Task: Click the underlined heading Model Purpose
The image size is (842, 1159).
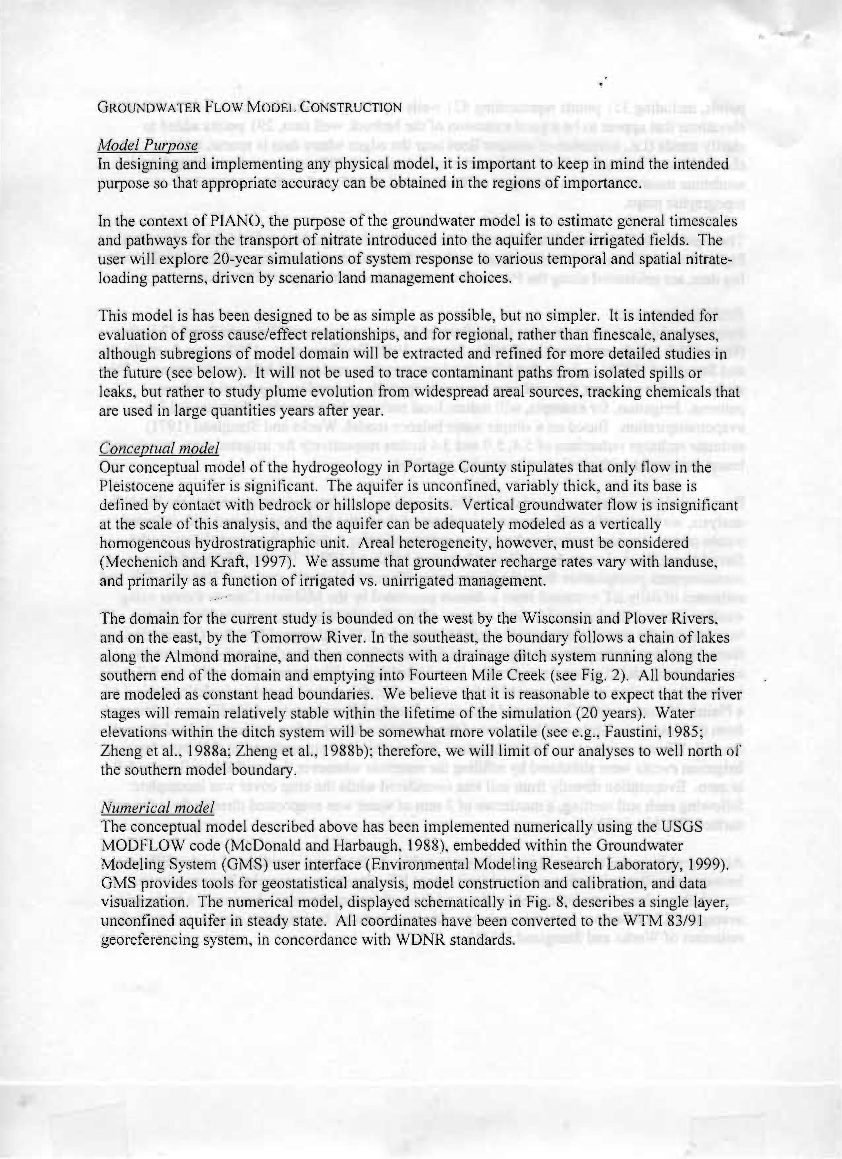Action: [148, 146]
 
